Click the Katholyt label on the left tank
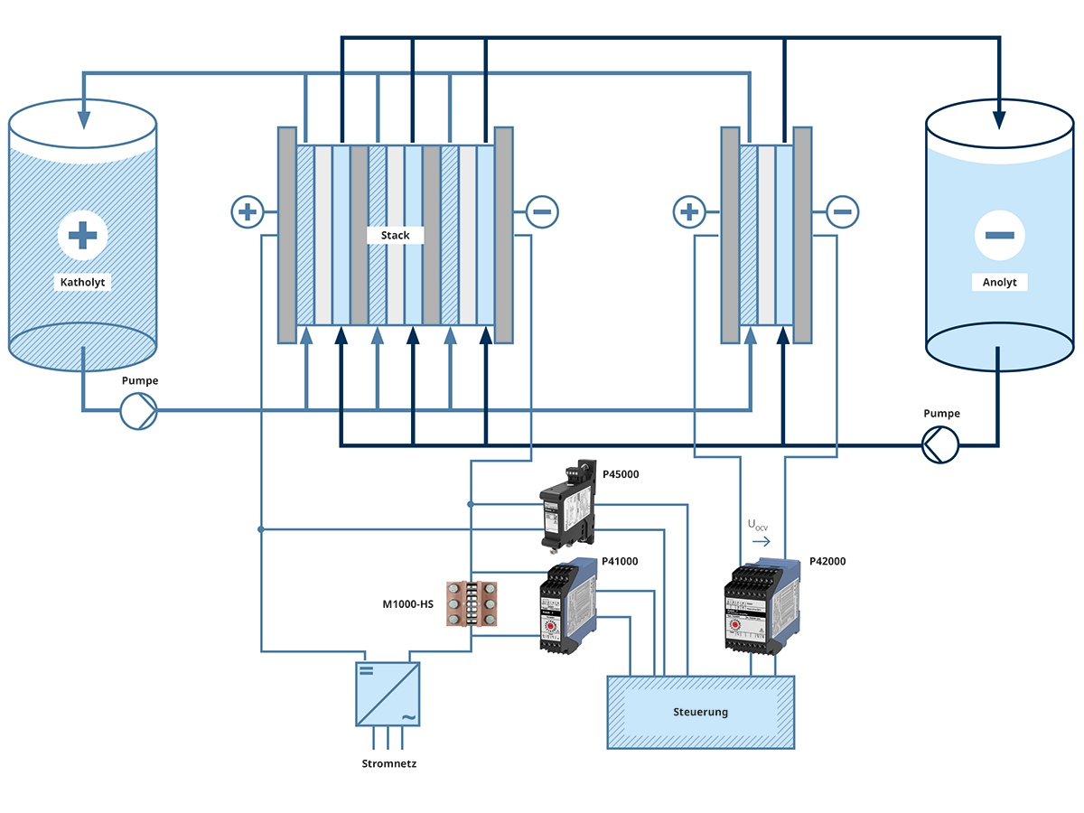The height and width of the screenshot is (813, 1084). coord(83,282)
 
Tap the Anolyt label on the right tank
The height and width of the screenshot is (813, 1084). coord(999,282)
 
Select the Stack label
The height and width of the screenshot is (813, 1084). coord(395,235)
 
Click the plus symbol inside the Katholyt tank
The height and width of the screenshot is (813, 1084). coord(83,237)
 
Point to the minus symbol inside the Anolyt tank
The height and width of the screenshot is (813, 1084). coord(999,236)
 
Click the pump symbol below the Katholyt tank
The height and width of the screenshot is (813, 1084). coord(139,412)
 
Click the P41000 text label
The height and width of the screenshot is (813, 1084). coord(620,561)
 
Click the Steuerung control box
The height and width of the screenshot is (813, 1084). coord(700,712)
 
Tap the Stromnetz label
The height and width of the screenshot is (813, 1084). coord(388,763)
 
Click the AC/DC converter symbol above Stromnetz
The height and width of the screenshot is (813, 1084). coord(388,694)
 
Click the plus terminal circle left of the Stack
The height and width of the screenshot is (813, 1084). coord(247,213)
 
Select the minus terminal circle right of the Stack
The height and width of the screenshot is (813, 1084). coord(542,213)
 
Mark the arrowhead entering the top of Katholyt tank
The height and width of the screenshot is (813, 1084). coord(84,118)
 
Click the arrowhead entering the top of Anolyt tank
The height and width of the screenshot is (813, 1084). coord(999,118)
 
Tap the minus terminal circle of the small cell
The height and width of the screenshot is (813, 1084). coord(842,213)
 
